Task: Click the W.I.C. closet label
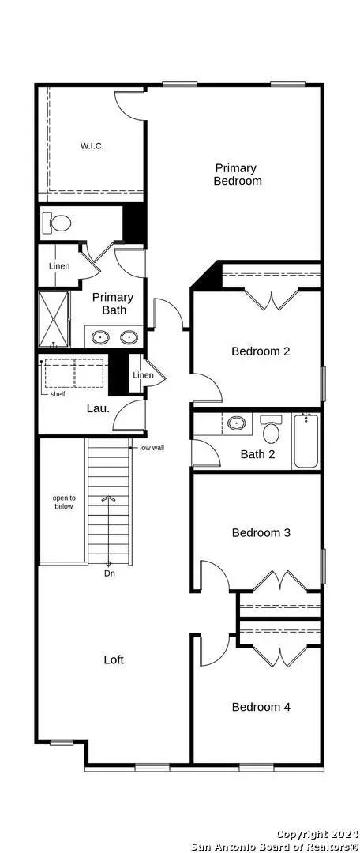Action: click(x=92, y=146)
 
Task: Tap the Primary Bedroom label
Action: click(x=237, y=174)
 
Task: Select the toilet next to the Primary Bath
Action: click(x=56, y=223)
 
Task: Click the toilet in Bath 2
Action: click(x=271, y=429)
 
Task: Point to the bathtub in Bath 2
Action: click(x=306, y=441)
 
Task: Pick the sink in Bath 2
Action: click(x=237, y=423)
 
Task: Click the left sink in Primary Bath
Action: click(x=101, y=337)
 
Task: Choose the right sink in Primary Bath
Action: click(x=129, y=337)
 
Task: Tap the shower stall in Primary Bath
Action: click(x=54, y=319)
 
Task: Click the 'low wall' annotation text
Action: click(x=152, y=448)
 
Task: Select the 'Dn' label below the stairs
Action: click(x=110, y=573)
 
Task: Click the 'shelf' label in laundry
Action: click(x=58, y=394)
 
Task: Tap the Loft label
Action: click(x=114, y=659)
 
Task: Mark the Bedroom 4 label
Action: click(x=261, y=707)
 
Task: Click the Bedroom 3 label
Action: click(x=261, y=532)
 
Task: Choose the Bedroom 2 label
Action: click(x=261, y=351)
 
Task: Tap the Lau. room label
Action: click(x=99, y=408)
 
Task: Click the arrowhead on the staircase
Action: click(x=109, y=498)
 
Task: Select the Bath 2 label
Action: click(x=258, y=453)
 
